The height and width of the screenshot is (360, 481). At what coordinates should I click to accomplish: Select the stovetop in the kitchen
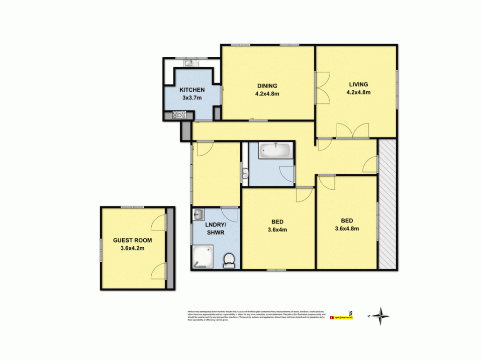pyautogui.click(x=179, y=115)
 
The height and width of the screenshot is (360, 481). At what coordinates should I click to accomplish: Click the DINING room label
pyautogui.click(x=267, y=85)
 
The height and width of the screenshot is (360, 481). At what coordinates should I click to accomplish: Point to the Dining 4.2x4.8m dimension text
pyautogui.click(x=267, y=93)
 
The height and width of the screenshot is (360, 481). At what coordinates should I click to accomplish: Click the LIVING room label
pyautogui.click(x=358, y=84)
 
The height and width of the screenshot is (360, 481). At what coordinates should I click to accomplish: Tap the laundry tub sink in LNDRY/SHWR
pyautogui.click(x=199, y=214)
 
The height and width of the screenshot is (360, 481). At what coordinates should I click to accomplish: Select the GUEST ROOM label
pyautogui.click(x=133, y=240)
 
